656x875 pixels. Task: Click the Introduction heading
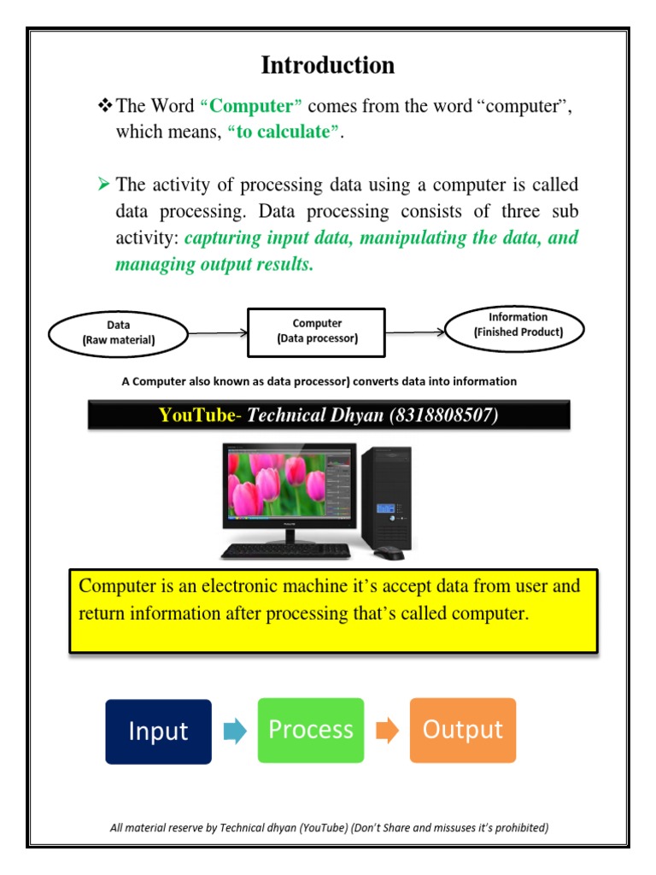click(x=328, y=65)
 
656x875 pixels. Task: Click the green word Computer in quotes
click(x=251, y=107)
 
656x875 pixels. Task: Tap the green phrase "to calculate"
click(x=279, y=132)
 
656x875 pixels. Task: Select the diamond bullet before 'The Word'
click(x=106, y=107)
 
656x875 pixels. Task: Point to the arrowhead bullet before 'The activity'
click(x=105, y=184)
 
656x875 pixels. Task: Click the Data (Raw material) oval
click(x=119, y=332)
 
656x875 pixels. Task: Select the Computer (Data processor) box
click(x=317, y=332)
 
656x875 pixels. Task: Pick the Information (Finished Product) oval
click(x=518, y=325)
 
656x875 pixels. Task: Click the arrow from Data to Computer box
click(x=217, y=332)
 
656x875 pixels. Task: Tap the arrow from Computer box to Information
click(x=416, y=332)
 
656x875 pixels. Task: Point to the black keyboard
click(x=286, y=551)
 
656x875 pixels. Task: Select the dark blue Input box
click(x=158, y=731)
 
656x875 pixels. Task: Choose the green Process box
click(x=310, y=730)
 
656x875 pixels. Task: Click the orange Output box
click(x=463, y=730)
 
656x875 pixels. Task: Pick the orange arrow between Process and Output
click(x=387, y=731)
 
